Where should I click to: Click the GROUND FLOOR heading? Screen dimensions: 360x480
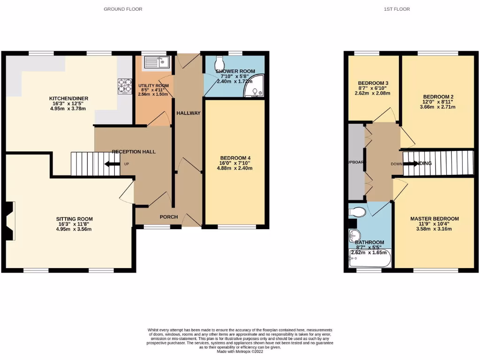coord(123,9)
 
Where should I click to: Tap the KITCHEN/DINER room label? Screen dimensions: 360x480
coord(69,98)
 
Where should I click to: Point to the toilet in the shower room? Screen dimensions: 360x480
coord(219,62)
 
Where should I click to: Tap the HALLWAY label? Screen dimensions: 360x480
coord(188,113)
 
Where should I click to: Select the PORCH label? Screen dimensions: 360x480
coord(168,217)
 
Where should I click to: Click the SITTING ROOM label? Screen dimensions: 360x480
coord(74,219)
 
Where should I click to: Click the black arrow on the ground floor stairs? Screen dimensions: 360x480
coord(112,164)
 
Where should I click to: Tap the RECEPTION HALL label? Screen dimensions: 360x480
coord(134,152)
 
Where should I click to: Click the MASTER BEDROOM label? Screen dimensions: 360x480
coord(435,219)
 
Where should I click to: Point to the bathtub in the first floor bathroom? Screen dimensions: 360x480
coord(370,259)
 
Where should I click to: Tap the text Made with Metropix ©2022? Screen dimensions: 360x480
coord(240,352)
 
